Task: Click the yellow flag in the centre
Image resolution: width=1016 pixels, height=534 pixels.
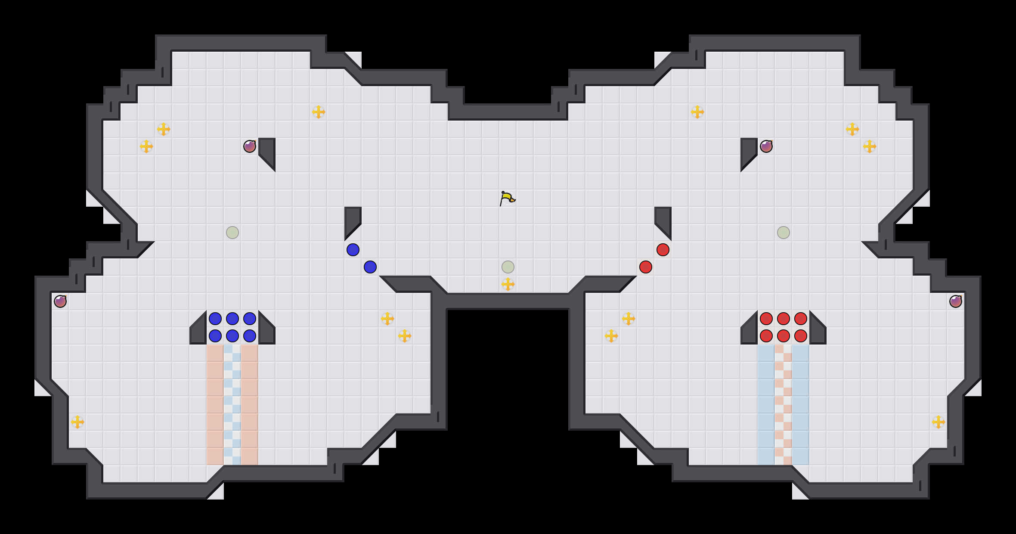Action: tap(507, 199)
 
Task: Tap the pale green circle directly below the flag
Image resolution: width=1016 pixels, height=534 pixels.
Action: tap(508, 267)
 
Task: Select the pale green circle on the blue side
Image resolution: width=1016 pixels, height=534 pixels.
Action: tap(232, 233)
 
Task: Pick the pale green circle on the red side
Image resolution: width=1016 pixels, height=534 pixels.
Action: tap(784, 233)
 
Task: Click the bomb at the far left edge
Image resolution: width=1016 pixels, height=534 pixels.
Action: tap(60, 301)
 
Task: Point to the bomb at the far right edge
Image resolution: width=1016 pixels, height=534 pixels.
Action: tap(956, 301)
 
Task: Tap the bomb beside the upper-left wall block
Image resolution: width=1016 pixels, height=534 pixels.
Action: tap(250, 146)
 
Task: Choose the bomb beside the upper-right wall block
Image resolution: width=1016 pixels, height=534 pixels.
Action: tap(766, 146)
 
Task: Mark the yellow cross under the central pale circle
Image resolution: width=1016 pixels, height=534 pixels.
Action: tap(508, 284)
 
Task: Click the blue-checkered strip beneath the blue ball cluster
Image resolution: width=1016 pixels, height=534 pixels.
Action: tap(232, 405)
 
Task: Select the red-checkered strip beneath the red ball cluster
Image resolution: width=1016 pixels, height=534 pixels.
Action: tap(784, 405)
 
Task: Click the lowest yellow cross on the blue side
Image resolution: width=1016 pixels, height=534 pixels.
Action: tap(77, 422)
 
